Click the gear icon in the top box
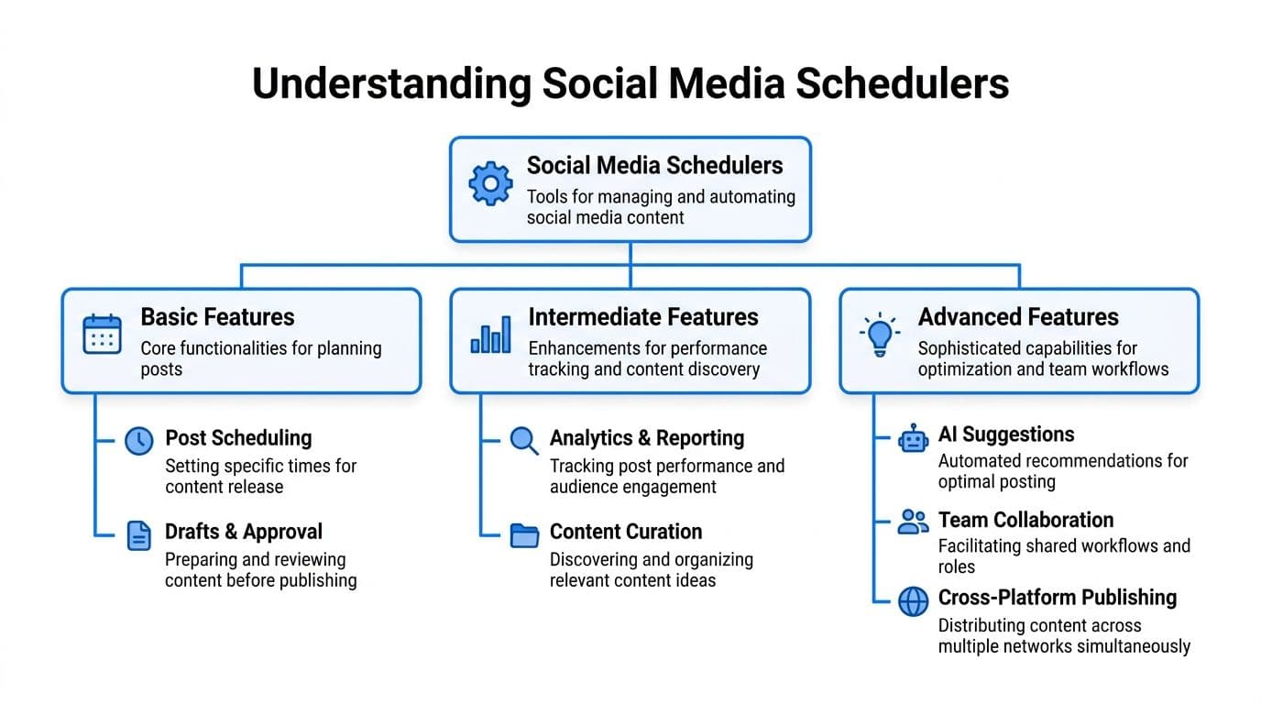[491, 184]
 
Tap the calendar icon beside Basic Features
[102, 335]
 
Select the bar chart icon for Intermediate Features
[490, 335]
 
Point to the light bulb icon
[880, 335]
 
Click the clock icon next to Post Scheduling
[138, 441]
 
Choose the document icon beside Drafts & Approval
[138, 535]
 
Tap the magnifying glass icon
[524, 441]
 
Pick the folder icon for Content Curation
[524, 535]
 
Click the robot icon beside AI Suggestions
[913, 439]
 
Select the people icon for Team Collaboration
[913, 522]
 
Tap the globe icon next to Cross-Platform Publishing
[913, 601]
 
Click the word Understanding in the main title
[391, 83]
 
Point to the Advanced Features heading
[1018, 317]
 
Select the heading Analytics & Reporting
[647, 438]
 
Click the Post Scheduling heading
[238, 438]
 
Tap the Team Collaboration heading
[1025, 520]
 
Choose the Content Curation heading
[626, 532]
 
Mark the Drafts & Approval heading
[244, 532]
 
